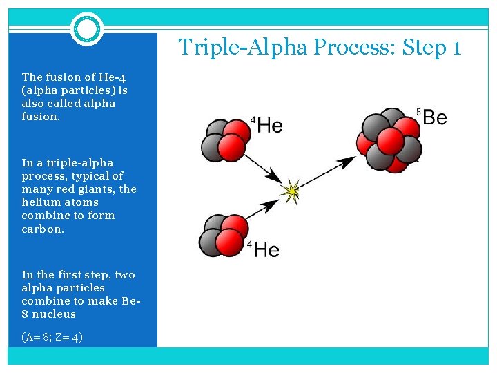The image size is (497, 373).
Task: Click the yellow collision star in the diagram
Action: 292,191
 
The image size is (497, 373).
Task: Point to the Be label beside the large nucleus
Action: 434,117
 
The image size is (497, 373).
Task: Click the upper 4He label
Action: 267,125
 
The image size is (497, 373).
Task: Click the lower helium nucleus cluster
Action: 222,235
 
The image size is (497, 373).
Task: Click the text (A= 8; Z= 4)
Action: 52,337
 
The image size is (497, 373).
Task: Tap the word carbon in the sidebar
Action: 43,229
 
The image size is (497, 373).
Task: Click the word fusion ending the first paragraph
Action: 39,117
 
